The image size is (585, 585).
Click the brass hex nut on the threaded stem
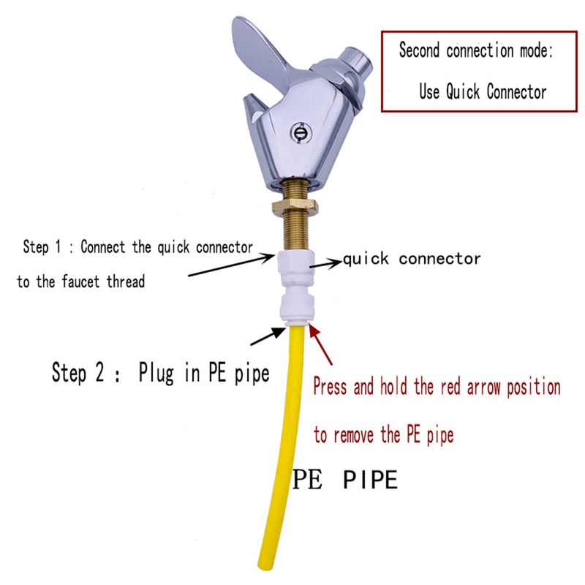[295, 207]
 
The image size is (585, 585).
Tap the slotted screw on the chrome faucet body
[301, 132]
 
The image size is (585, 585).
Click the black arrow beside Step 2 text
[268, 336]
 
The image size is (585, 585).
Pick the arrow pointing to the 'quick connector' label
[325, 263]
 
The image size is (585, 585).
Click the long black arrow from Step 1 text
[232, 265]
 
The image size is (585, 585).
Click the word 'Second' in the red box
[419, 50]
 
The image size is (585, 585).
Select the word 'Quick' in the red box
[463, 91]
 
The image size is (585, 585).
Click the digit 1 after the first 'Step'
[58, 246]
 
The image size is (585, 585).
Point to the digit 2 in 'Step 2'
[99, 372]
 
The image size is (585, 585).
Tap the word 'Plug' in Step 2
[156, 373]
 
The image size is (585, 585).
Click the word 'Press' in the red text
[330, 386]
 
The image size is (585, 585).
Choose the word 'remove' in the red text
[353, 435]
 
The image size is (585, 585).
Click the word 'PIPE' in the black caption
[370, 480]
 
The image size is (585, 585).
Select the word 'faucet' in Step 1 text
[80, 282]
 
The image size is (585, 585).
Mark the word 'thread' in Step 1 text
[126, 282]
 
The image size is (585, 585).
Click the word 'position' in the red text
[534, 388]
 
